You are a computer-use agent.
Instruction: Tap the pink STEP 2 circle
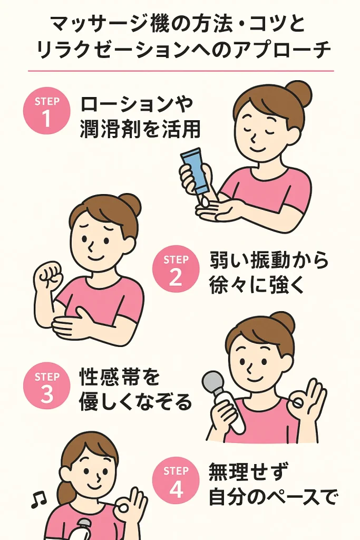(x=176, y=268)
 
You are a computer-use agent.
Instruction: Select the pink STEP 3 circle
(x=46, y=385)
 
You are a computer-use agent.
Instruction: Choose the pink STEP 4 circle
(x=176, y=480)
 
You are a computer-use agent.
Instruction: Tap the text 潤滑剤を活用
(x=140, y=130)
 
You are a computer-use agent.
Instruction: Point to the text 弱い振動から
(x=269, y=260)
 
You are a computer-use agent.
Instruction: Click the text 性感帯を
(x=120, y=377)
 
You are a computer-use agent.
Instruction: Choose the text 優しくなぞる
(x=135, y=402)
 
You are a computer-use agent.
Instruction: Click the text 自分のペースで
(x=272, y=497)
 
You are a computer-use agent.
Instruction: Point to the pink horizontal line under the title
(x=181, y=71)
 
